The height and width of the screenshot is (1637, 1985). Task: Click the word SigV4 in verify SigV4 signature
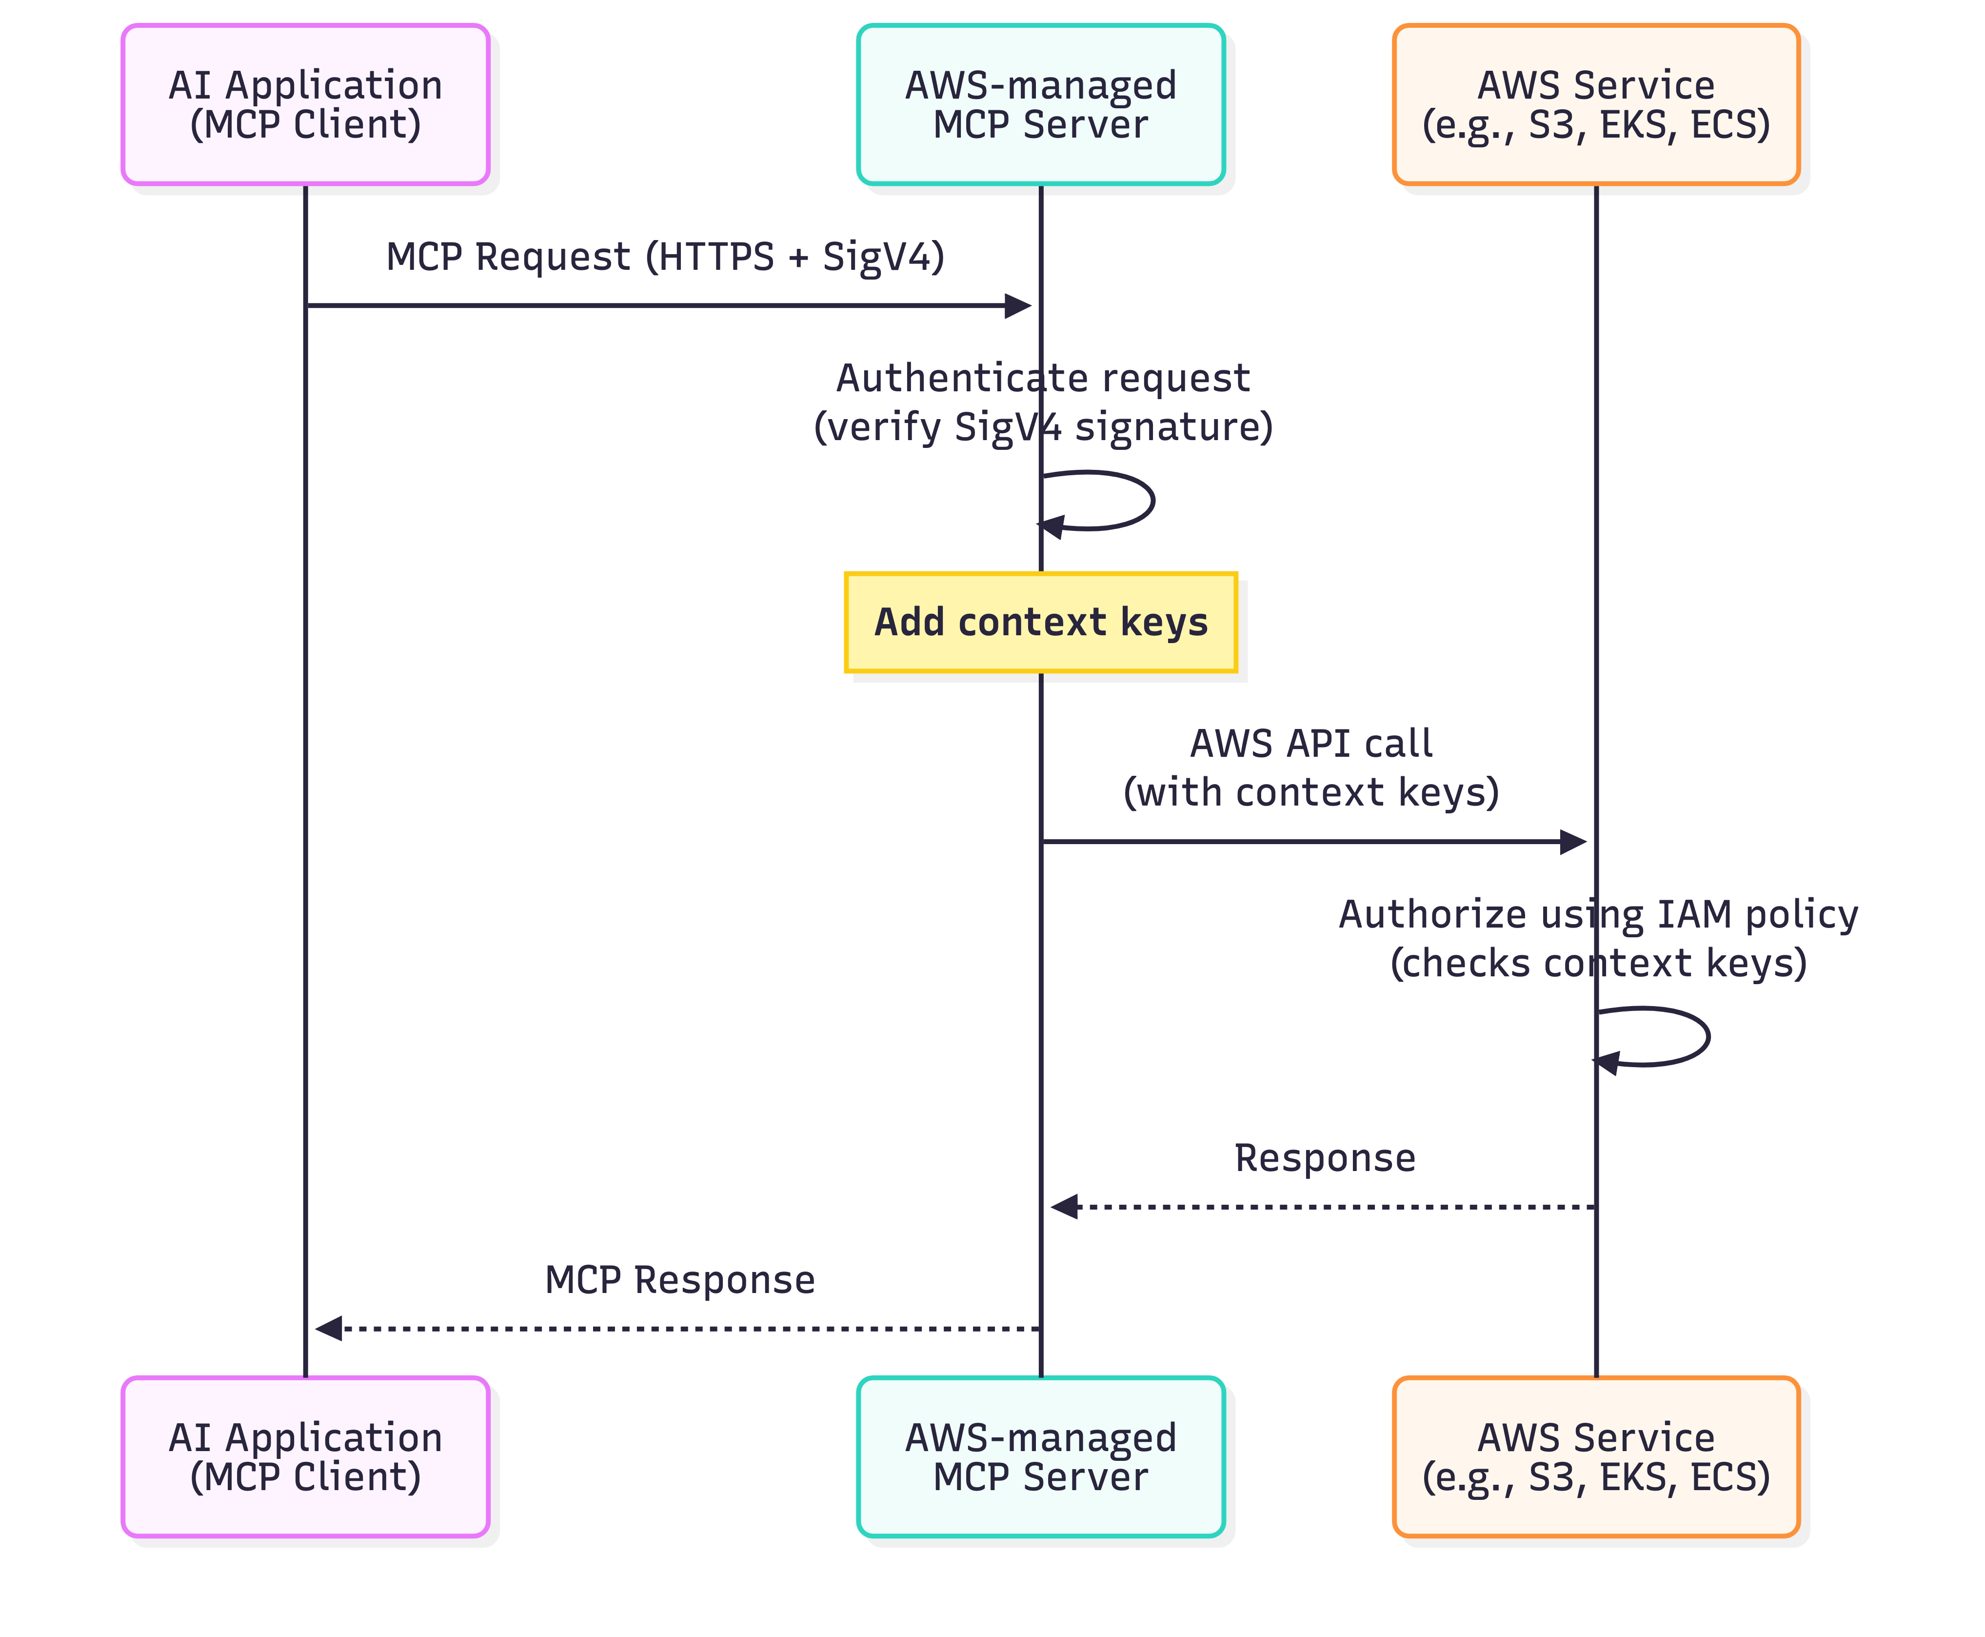coord(1007,427)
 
